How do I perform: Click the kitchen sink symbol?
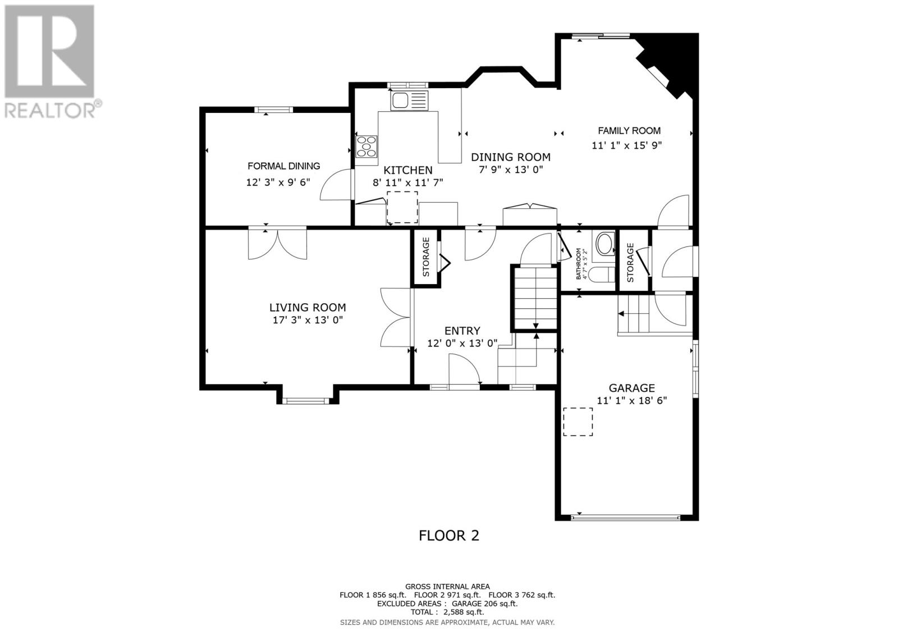click(x=409, y=100)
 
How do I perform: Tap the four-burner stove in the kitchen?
click(x=367, y=147)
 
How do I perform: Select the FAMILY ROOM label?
click(x=629, y=130)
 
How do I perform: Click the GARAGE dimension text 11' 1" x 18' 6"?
click(x=631, y=400)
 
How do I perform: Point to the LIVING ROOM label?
click(x=308, y=307)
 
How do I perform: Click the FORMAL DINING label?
click(x=284, y=166)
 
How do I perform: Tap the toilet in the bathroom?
click(x=603, y=275)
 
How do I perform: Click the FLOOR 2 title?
click(x=449, y=536)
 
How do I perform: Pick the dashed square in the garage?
click(x=578, y=422)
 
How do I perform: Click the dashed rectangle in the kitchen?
click(x=402, y=207)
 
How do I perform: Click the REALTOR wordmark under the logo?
click(x=50, y=109)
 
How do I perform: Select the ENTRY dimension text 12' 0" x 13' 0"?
click(x=462, y=344)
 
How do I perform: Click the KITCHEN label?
click(x=407, y=170)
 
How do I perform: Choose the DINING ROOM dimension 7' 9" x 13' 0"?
click(x=511, y=170)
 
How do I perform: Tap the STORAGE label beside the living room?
click(x=426, y=257)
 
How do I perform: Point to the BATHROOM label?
click(x=579, y=263)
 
